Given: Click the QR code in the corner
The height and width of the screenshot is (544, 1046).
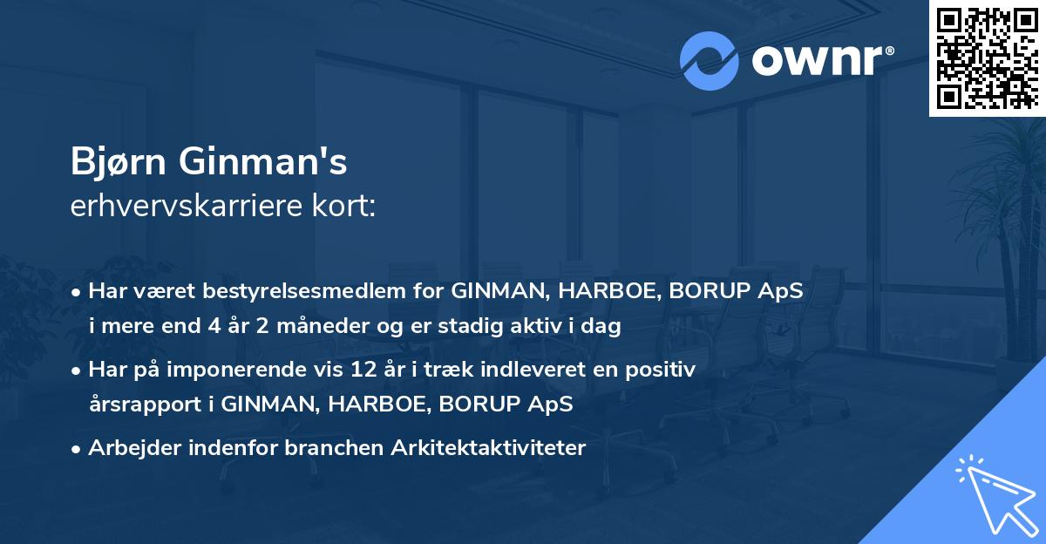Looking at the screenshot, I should (x=988, y=58).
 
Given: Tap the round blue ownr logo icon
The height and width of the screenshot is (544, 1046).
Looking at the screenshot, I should (x=709, y=61).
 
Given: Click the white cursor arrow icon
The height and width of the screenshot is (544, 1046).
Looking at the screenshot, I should (x=995, y=493).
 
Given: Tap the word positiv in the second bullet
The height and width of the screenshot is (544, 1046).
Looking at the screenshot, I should (x=665, y=370).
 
